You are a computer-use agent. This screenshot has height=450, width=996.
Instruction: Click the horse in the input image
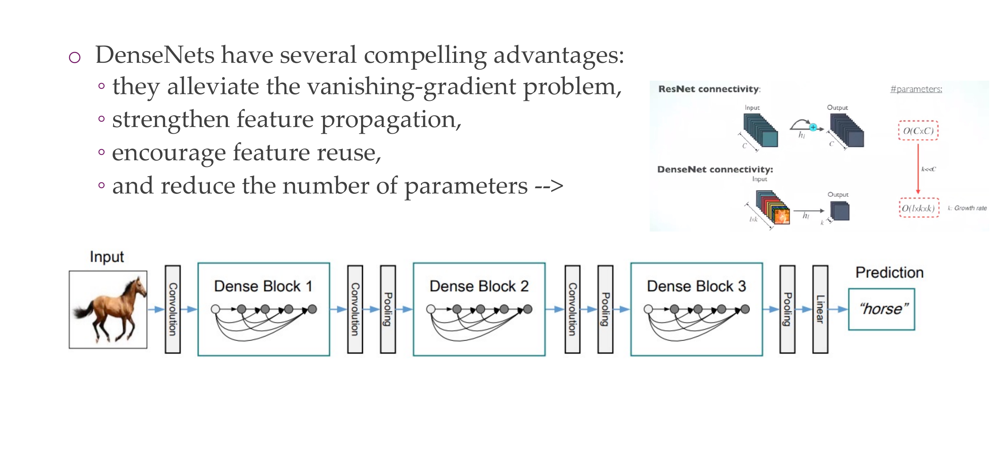[110, 309]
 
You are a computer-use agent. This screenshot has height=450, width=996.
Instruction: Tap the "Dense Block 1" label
[263, 286]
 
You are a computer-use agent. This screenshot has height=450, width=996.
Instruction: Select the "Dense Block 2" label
[479, 286]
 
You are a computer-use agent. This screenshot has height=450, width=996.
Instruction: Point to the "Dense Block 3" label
[696, 286]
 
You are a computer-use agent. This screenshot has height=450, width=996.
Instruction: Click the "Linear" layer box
[820, 309]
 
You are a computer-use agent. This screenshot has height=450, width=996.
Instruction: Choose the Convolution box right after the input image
[173, 309]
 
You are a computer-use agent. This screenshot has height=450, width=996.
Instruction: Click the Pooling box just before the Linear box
[787, 309]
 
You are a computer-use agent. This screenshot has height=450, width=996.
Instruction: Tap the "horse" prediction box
[881, 309]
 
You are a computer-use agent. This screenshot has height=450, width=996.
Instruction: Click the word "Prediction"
[889, 273]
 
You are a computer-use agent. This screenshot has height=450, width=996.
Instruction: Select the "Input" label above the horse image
[107, 257]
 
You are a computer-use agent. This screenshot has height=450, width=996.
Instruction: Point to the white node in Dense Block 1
[215, 309]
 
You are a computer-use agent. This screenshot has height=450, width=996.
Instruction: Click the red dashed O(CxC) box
[918, 131]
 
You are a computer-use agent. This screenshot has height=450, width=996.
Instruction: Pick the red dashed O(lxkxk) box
[918, 208]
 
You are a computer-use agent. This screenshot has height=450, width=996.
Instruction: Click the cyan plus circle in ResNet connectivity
[813, 127]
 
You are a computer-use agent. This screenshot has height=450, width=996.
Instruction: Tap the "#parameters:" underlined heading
[916, 89]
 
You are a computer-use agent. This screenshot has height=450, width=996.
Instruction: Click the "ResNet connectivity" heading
[709, 89]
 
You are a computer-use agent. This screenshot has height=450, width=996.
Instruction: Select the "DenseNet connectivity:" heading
[715, 169]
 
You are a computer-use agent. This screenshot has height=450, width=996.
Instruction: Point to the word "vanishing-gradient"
[391, 86]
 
